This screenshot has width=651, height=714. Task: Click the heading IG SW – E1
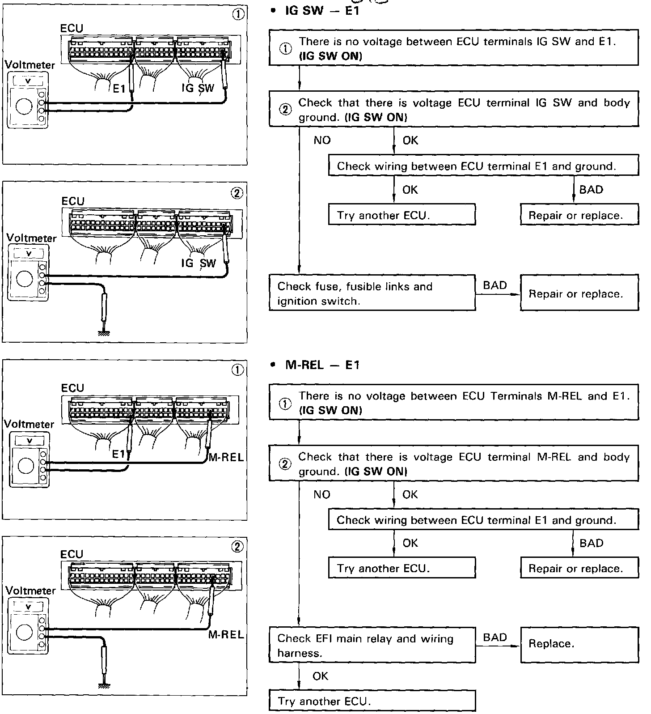pos(322,11)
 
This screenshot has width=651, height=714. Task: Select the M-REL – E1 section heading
pos(322,365)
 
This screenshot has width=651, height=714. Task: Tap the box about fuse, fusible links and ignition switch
pos(372,293)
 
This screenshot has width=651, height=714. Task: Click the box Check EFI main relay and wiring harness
pos(372,645)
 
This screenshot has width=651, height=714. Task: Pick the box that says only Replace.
pos(579,644)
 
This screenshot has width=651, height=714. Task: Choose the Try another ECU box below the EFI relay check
pos(372,701)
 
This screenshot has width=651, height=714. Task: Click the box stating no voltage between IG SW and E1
pos(453,48)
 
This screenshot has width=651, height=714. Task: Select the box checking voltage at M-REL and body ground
pos(453,463)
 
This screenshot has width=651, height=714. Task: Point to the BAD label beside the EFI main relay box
pos(495,637)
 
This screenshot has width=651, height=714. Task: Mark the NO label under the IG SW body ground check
pos(322,140)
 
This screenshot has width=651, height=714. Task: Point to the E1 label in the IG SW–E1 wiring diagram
pos(119,89)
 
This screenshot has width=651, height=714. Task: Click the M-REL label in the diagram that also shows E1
pos(226,457)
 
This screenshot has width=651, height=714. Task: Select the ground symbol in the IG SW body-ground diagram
pos(104,332)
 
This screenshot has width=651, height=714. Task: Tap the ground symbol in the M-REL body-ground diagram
pos(104,685)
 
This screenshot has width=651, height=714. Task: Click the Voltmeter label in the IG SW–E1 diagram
pos(30,65)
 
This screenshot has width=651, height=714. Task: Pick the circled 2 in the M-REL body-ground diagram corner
pos(238,546)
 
